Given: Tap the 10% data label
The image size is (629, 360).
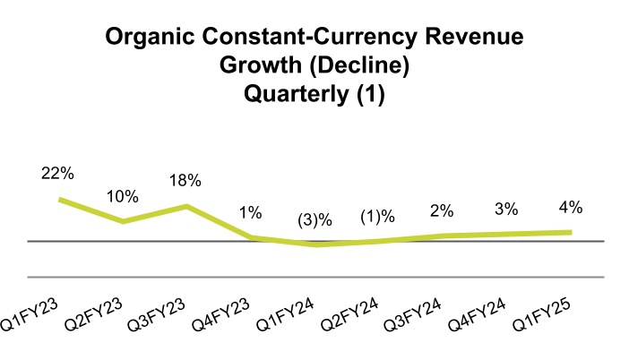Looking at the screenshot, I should [123, 195].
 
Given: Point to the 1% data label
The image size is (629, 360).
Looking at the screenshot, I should [250, 212].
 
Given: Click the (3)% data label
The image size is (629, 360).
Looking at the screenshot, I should [314, 219].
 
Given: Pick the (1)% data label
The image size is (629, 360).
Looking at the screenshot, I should [377, 217].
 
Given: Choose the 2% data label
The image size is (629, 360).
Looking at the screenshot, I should [442, 211].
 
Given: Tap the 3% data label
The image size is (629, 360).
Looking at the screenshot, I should [506, 210].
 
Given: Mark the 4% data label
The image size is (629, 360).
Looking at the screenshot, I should [571, 207].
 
